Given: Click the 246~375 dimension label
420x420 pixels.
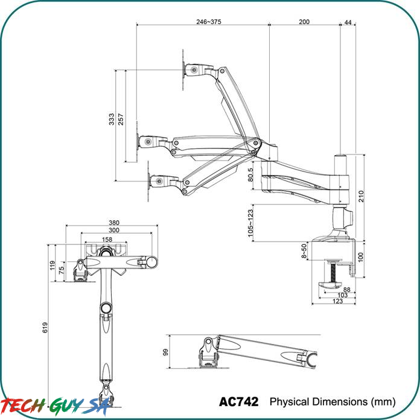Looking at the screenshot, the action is (x=209, y=22).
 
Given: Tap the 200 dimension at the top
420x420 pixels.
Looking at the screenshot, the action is (x=304, y=22).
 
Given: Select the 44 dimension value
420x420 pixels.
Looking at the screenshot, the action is (x=348, y=22).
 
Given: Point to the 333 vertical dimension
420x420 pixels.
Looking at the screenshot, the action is (x=112, y=119).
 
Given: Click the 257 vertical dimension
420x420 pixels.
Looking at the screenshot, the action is (x=121, y=119).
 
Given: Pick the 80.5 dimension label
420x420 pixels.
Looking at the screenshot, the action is (x=250, y=174).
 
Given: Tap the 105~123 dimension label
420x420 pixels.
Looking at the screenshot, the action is (x=250, y=223).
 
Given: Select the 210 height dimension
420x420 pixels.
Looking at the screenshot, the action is (x=361, y=196).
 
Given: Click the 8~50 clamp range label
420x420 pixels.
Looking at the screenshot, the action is (x=304, y=251).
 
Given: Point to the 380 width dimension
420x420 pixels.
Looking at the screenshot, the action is (x=114, y=223).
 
